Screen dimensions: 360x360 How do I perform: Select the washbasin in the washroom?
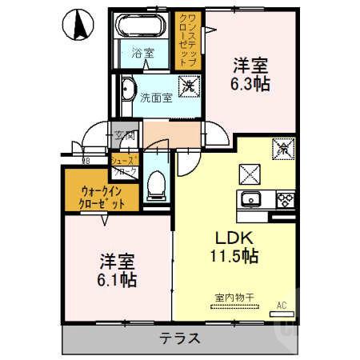(127, 90)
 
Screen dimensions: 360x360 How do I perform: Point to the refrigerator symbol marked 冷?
(282, 148)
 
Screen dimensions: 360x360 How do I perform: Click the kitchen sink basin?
(251, 199)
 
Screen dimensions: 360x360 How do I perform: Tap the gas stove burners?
(284, 199)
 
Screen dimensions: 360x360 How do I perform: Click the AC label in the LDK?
(280, 305)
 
